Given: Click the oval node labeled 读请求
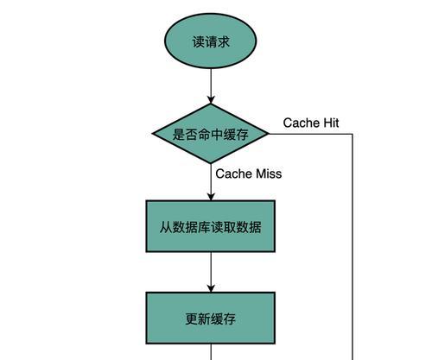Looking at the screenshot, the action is coord(210,41).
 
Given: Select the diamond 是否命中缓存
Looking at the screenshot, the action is coord(211,134).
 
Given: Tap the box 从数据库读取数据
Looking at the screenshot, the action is coord(211,226).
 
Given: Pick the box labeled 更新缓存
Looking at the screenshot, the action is coord(211,318).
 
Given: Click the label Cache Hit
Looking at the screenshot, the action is coord(311,123).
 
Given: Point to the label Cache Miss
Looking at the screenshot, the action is coord(249,174).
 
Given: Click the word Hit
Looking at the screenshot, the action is coord(331,123).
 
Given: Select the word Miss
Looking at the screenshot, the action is coord(269,174).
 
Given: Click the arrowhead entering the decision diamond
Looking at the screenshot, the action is coord(211,99).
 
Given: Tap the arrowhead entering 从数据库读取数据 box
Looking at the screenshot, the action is coord(211,197).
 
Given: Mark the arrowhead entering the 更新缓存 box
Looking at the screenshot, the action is coord(211,288).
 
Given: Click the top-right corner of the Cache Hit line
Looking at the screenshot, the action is coord(353,134).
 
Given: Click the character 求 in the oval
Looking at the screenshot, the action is coord(223,41).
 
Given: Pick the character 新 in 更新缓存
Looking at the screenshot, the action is coord(204,319).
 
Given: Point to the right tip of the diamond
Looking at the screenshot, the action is coord(269,134).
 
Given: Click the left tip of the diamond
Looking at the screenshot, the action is coord(152,134).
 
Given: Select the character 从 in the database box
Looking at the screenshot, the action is coord(166,227).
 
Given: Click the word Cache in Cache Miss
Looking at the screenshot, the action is coord(234,174).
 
